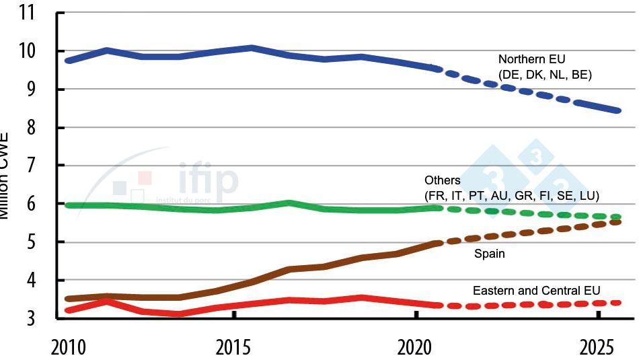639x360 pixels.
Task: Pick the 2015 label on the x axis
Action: [x=234, y=349]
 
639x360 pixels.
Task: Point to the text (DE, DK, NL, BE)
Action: [x=545, y=75]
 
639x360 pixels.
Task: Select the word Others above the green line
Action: [x=443, y=180]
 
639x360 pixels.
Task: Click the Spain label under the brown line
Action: [x=489, y=254]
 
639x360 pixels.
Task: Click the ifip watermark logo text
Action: [x=209, y=180]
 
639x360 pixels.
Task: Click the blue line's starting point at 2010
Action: [x=68, y=61]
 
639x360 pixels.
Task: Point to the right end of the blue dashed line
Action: [x=617, y=110]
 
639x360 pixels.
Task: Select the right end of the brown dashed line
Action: [x=617, y=221]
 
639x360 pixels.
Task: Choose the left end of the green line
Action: [x=68, y=205]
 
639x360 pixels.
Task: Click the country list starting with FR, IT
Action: [x=512, y=196]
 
